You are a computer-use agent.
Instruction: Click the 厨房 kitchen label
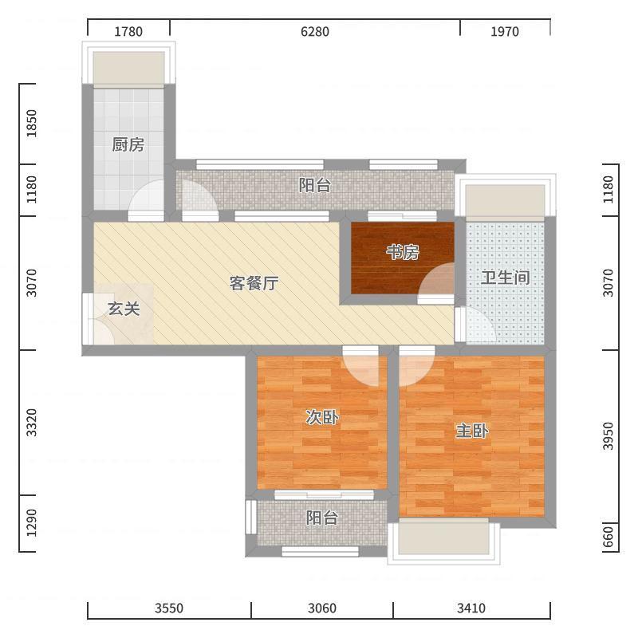[128, 144]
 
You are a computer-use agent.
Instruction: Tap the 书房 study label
[403, 253]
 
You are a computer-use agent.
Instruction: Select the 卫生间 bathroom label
[505, 278]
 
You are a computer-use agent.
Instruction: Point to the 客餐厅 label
[254, 283]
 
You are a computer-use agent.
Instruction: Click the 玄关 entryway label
[124, 309]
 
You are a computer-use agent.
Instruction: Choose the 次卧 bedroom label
[322, 417]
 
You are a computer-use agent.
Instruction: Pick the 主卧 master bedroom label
[472, 431]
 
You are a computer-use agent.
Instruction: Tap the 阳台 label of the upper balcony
[315, 186]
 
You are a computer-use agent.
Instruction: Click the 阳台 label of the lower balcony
[322, 518]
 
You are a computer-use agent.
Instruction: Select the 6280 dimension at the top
[315, 31]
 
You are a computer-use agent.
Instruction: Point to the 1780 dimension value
[128, 31]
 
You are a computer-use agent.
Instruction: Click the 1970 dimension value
[505, 31]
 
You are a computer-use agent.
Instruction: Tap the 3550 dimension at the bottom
[169, 608]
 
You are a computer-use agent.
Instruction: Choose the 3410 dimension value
[471, 608]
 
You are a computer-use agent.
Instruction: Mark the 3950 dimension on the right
[608, 436]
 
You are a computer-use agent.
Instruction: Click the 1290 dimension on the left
[31, 523]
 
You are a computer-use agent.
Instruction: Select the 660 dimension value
[608, 538]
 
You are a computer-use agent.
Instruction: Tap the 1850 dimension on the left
[31, 124]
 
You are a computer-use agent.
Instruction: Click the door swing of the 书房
[435, 278]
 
